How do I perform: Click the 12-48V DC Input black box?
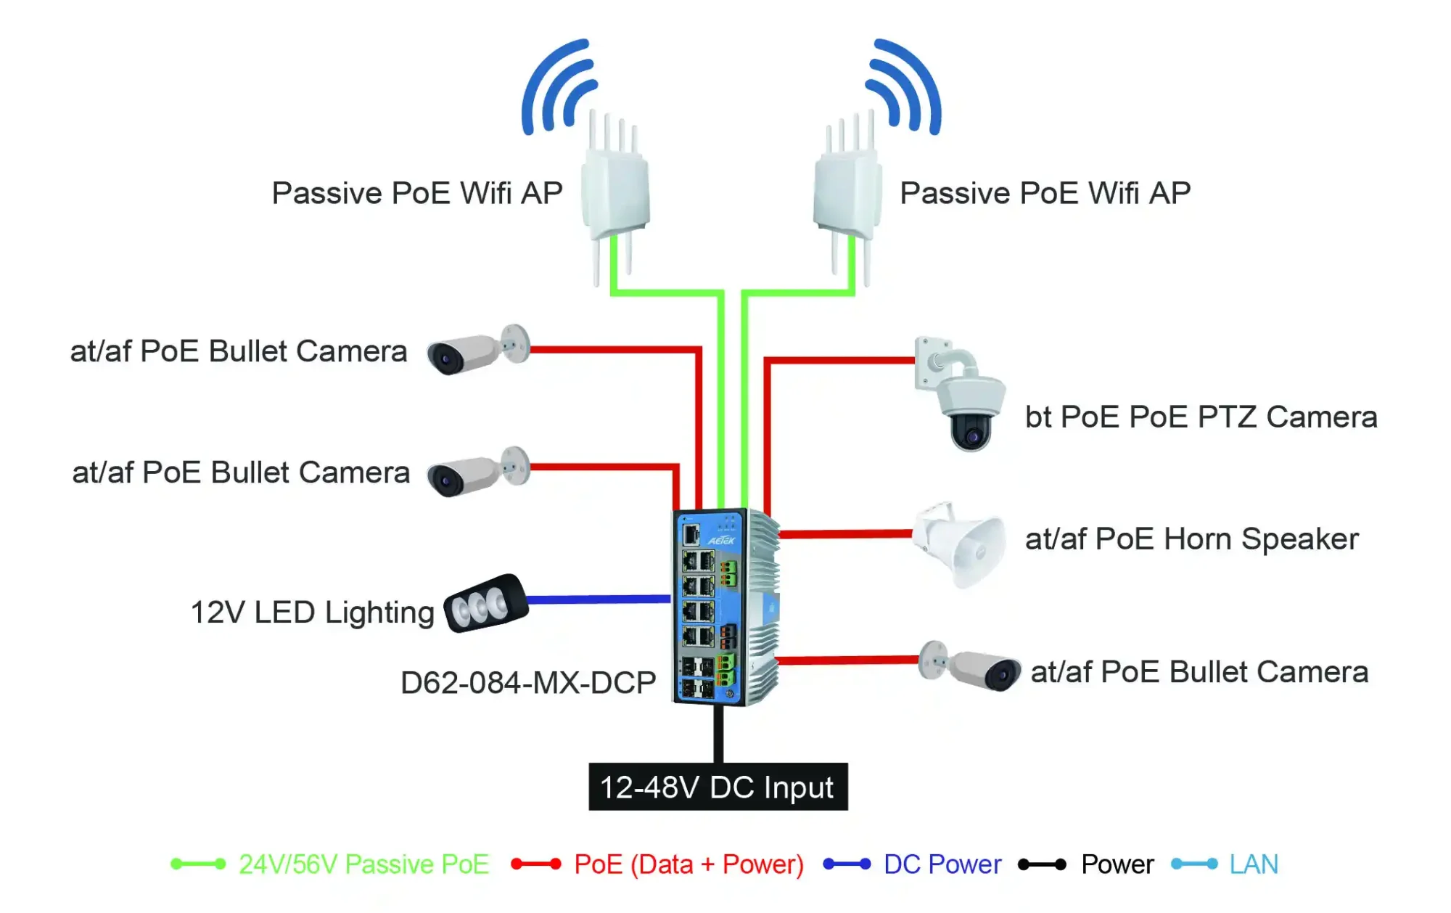[718, 787]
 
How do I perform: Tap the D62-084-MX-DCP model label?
[528, 683]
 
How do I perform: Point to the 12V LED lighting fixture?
[485, 603]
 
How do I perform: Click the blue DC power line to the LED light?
[599, 599]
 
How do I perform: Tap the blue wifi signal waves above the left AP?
[559, 87]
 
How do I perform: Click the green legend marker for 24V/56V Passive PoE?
[198, 864]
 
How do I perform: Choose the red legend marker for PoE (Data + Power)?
[535, 864]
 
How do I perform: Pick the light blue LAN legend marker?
[1194, 864]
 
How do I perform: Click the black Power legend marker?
[1042, 864]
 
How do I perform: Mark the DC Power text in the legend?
[942, 864]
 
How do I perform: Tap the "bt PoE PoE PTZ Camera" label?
[1201, 417]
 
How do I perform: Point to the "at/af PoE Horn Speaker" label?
[1191, 539]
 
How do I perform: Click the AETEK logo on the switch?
[721, 541]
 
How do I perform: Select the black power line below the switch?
[718, 733]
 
